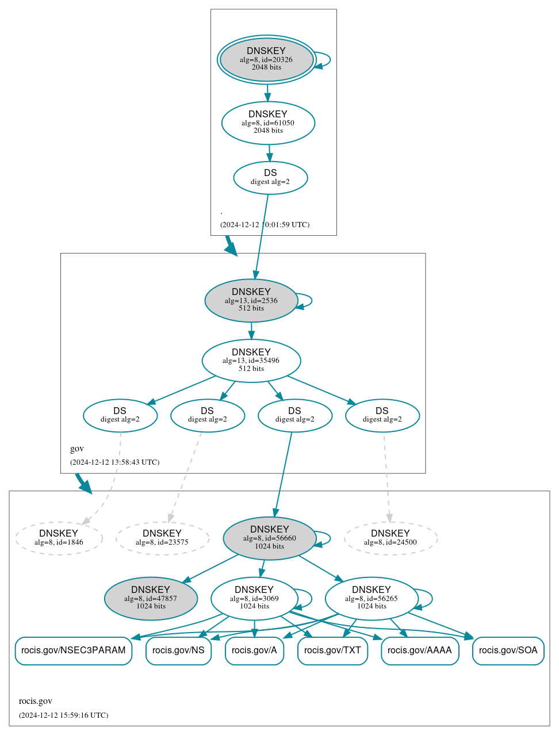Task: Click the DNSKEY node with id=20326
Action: pyautogui.click(x=266, y=59)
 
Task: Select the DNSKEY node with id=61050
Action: pyautogui.click(x=268, y=122)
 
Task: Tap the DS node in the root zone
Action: pyautogui.click(x=270, y=178)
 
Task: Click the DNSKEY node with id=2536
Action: pyautogui.click(x=251, y=300)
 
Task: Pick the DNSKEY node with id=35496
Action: pyautogui.click(x=251, y=361)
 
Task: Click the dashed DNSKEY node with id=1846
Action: pyautogui.click(x=59, y=538)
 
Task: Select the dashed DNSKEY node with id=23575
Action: pyautogui.click(x=162, y=538)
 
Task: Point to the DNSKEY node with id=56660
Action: pyautogui.click(x=269, y=538)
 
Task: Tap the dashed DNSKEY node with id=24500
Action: pyautogui.click(x=390, y=538)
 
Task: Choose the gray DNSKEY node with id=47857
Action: pyautogui.click(x=151, y=599)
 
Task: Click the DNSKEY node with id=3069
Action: pyautogui.click(x=254, y=599)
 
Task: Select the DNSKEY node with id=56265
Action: pyautogui.click(x=372, y=599)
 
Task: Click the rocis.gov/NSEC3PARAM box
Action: pyautogui.click(x=74, y=650)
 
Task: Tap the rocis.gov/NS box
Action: pyautogui.click(x=179, y=650)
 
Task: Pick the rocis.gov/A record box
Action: pyautogui.click(x=254, y=650)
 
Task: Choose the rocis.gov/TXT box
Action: pyautogui.click(x=332, y=650)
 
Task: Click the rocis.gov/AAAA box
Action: pyautogui.click(x=420, y=650)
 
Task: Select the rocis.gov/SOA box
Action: pyautogui.click(x=508, y=650)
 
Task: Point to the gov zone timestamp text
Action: pyautogui.click(x=114, y=462)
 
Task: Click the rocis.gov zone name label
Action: pyautogui.click(x=36, y=701)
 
